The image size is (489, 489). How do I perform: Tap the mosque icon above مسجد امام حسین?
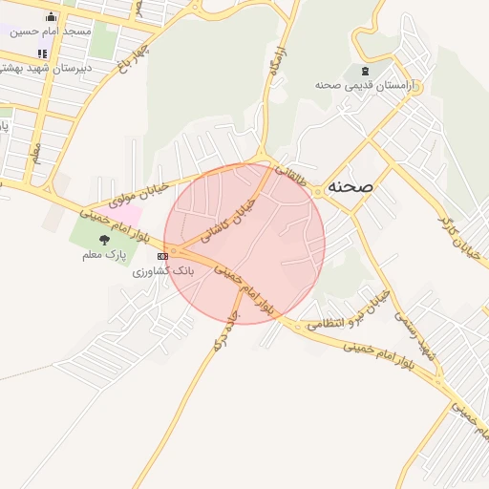[51, 16]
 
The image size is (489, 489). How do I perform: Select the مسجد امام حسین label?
[52, 31]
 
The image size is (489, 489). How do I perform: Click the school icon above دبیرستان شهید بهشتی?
[41, 53]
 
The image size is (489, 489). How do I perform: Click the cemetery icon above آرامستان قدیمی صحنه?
[363, 71]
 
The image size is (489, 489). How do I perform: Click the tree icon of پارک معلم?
[104, 240]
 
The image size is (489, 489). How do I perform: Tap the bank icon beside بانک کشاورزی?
[163, 256]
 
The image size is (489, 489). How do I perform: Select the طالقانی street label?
[293, 177]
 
